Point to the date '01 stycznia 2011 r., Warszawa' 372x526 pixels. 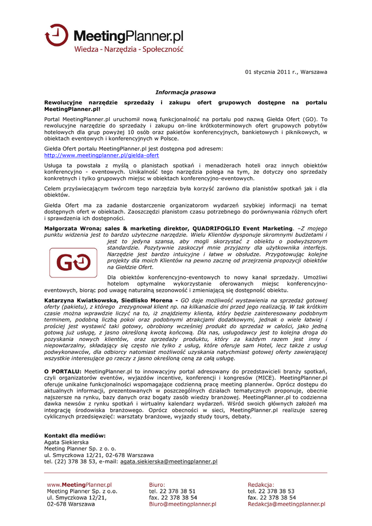click(286, 72)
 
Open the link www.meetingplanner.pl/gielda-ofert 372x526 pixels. click(102, 155)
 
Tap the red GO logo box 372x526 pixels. click(74, 262)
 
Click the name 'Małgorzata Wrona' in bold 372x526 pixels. click(70, 228)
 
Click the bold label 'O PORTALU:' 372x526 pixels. click(63, 371)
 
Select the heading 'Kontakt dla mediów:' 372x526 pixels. click(75, 436)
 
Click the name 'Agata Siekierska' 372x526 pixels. click(66, 442)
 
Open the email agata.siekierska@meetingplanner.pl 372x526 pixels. click(169, 461)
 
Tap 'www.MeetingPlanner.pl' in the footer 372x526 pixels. click(79, 484)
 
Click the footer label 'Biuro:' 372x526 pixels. click(157, 484)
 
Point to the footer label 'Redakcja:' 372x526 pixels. click(261, 484)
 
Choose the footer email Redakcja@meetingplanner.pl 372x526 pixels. click(286, 504)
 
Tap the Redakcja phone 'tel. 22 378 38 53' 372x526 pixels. click(271, 491)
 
